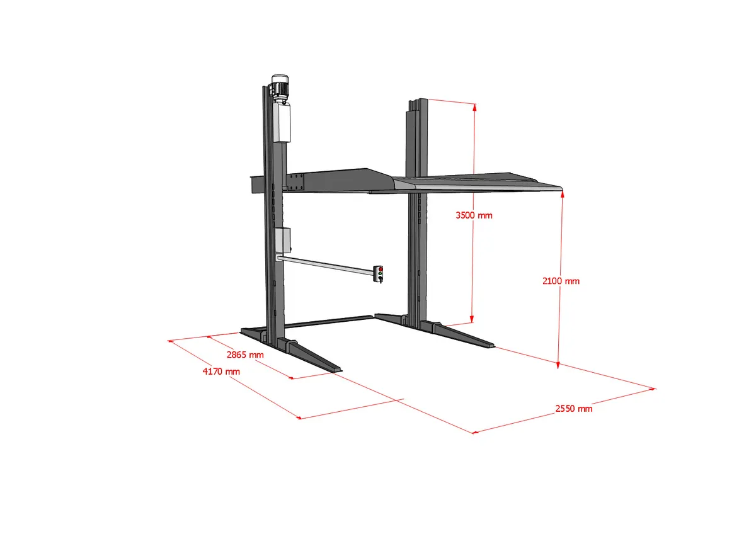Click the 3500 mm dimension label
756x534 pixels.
(x=474, y=215)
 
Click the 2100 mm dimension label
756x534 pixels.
(x=561, y=281)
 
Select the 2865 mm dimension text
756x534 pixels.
(x=245, y=355)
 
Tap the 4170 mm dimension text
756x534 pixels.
(x=221, y=372)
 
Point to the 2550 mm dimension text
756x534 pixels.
(x=574, y=409)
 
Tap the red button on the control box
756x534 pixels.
(x=381, y=269)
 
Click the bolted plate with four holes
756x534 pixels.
(x=295, y=183)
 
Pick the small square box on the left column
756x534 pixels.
(x=283, y=241)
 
